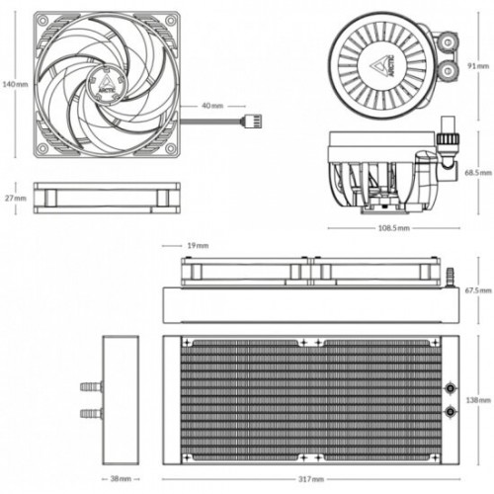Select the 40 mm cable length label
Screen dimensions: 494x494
(212, 104)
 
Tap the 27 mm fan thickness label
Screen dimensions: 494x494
(15, 198)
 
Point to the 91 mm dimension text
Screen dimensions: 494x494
(477, 66)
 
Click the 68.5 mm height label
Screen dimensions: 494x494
(477, 171)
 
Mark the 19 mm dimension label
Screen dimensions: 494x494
(198, 245)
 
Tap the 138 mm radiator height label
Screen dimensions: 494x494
(477, 400)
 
